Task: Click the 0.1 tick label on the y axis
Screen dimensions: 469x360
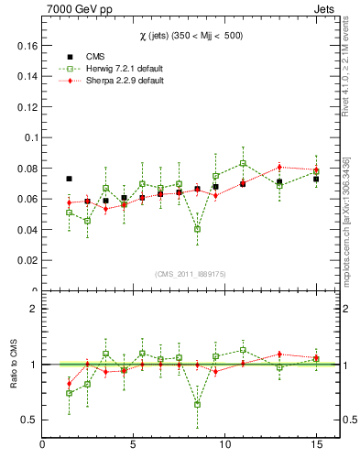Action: (x=27, y=137)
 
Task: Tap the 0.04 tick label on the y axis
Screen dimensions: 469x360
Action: (x=24, y=230)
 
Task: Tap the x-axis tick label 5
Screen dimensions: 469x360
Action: (x=134, y=446)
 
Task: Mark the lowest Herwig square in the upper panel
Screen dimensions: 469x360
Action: (x=198, y=229)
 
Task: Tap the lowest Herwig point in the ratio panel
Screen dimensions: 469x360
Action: (x=198, y=404)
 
